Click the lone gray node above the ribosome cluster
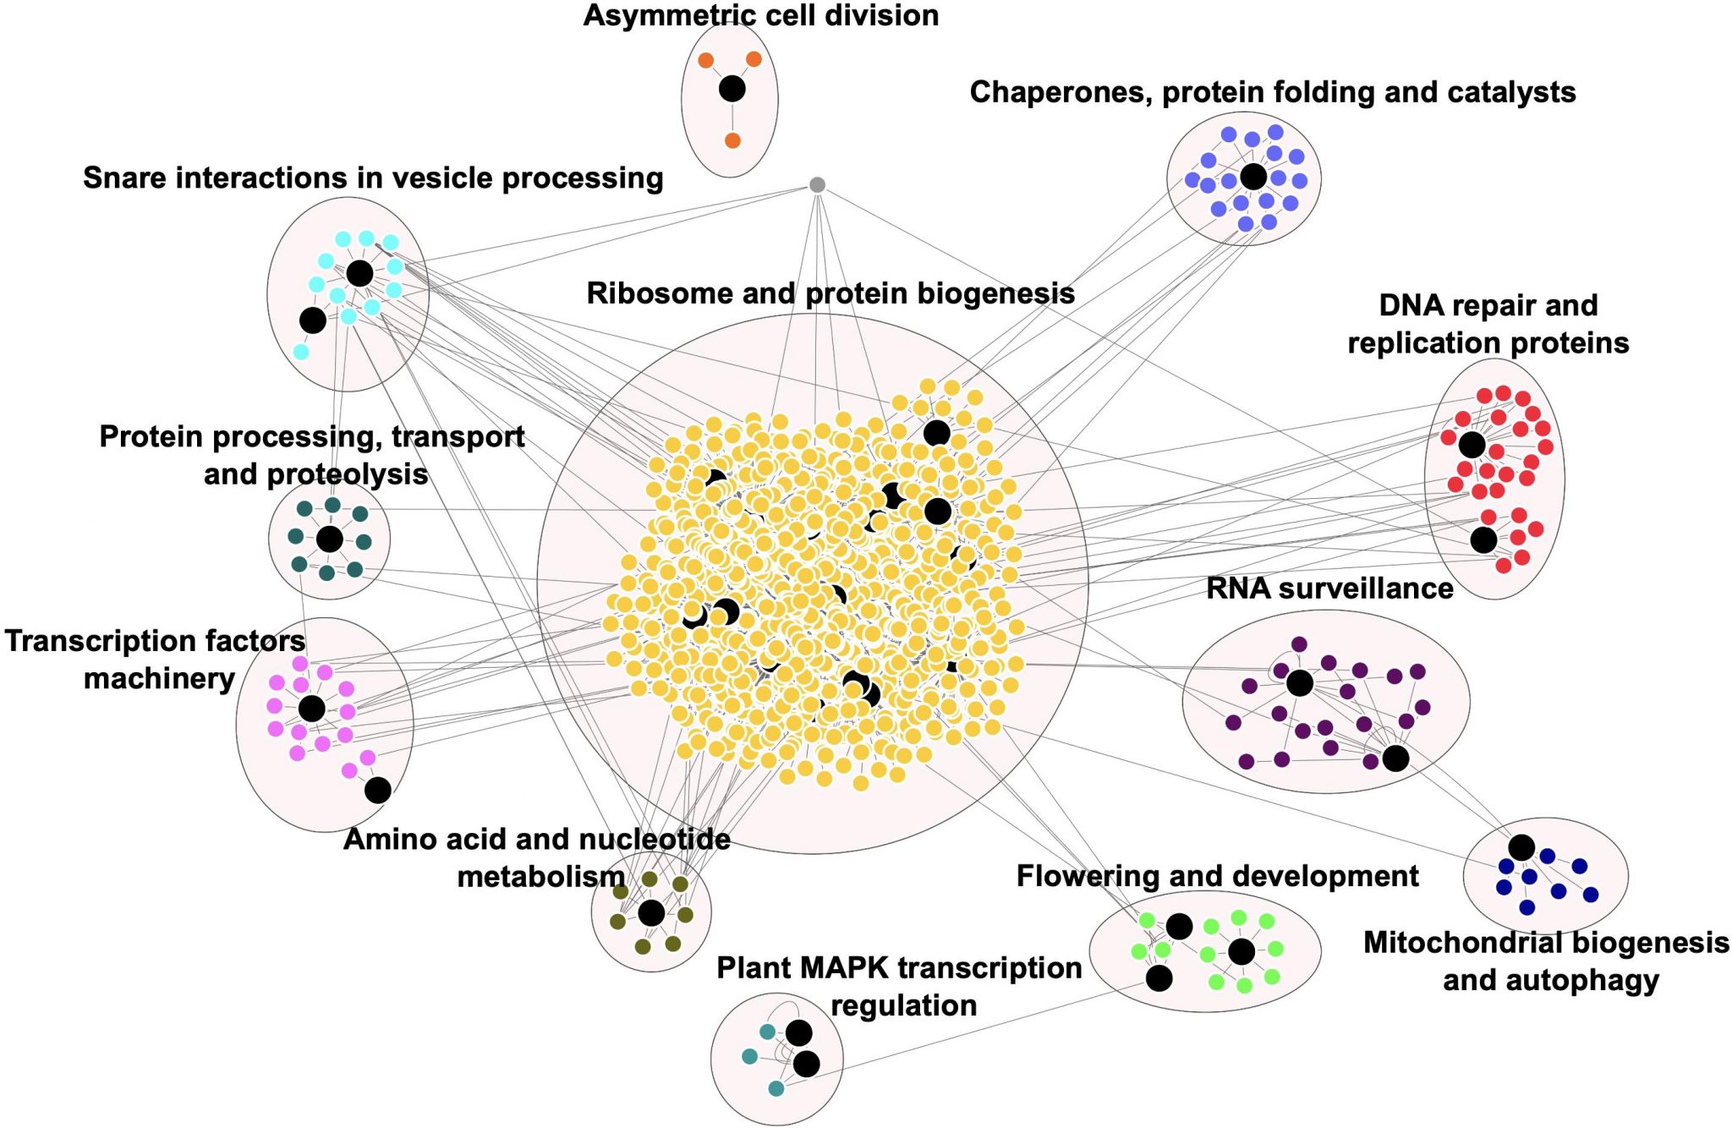coord(817,184)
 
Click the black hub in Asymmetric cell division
coord(732,88)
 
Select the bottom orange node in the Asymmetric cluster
coord(732,140)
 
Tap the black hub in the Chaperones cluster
coord(1253,177)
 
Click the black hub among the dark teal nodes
coord(329,539)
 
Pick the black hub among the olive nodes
coord(651,913)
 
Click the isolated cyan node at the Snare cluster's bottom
coord(301,352)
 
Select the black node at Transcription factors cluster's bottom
coord(377,790)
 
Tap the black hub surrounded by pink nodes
coord(311,708)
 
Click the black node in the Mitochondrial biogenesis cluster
coord(1521,847)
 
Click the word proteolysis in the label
coord(348,474)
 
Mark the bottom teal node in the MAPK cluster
coord(776,1088)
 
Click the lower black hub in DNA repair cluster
coord(1483,539)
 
